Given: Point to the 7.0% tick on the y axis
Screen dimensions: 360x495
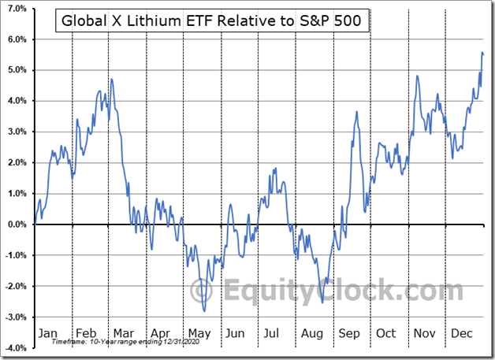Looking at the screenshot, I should click(x=17, y=9).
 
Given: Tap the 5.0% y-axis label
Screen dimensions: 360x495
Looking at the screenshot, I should click(x=17, y=70).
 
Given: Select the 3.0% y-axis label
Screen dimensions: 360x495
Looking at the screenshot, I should click(x=17, y=132).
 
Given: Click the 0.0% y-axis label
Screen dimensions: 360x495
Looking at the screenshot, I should click(x=17, y=225).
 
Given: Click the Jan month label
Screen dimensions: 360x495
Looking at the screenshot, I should click(x=48, y=333).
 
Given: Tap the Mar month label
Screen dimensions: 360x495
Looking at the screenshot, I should click(x=124, y=333).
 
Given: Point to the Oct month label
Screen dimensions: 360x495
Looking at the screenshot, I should click(x=385, y=333).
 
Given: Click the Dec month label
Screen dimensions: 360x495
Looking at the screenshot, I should click(x=461, y=333).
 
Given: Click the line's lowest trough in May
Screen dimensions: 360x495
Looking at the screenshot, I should click(x=204, y=310).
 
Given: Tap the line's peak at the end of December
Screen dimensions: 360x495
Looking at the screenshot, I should click(x=482, y=53).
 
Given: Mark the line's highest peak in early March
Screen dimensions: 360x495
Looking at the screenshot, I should click(x=112, y=79).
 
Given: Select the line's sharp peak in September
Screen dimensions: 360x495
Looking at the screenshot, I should click(x=357, y=112).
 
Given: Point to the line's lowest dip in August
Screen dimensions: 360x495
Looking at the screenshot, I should click(x=323, y=302).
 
